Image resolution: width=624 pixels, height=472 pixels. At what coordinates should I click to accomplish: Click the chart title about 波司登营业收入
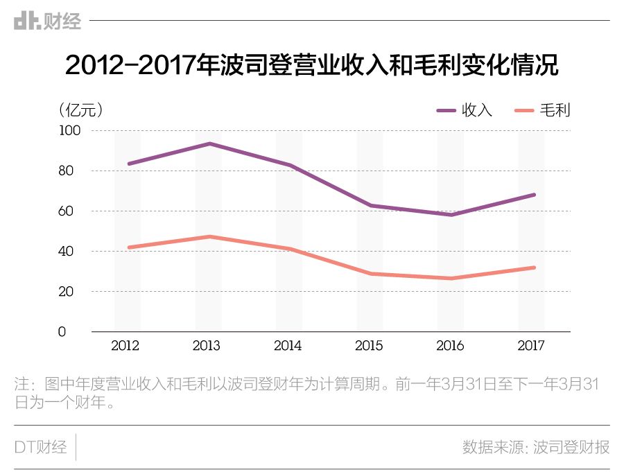coord(311,65)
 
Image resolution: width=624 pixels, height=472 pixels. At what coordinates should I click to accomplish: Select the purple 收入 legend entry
coord(464,110)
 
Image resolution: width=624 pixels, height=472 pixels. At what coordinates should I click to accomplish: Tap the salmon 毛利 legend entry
coord(543,110)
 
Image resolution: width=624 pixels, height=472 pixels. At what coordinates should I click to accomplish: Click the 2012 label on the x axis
coord(125,346)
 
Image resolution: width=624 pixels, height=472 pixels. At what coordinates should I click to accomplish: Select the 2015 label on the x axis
coord(368,346)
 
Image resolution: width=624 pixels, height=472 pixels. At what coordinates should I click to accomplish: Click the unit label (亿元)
coord(82,110)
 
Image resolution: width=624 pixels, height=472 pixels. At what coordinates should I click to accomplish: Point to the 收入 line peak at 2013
coord(209,143)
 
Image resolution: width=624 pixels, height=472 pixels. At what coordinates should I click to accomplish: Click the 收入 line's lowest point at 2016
coord(451,214)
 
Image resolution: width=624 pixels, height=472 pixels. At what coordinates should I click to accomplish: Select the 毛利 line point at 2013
coord(209,236)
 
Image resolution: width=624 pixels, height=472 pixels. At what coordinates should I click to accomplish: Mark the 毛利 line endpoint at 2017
coord(534,268)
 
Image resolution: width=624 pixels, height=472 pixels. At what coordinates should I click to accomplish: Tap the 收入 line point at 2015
coord(370,205)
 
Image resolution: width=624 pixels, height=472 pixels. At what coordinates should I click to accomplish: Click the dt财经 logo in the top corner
coord(47,21)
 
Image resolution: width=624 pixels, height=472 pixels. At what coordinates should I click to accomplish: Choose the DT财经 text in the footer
coord(40,447)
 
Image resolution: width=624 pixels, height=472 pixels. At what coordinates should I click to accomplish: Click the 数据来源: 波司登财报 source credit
coord(536,447)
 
